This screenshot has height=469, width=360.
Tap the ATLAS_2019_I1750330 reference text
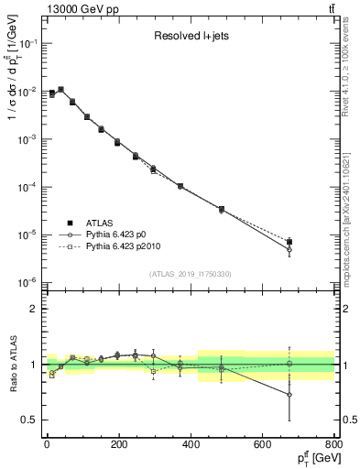point(190,274)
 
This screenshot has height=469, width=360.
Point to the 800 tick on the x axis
point(332,444)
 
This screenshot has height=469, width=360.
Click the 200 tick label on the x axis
point(118,444)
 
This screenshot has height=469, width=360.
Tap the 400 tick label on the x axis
point(190,444)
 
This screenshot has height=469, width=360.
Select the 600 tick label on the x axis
point(261,444)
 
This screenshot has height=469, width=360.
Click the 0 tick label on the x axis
point(47,444)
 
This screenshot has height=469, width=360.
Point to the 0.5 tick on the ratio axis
point(29,420)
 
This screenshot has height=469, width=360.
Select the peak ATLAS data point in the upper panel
point(60,90)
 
